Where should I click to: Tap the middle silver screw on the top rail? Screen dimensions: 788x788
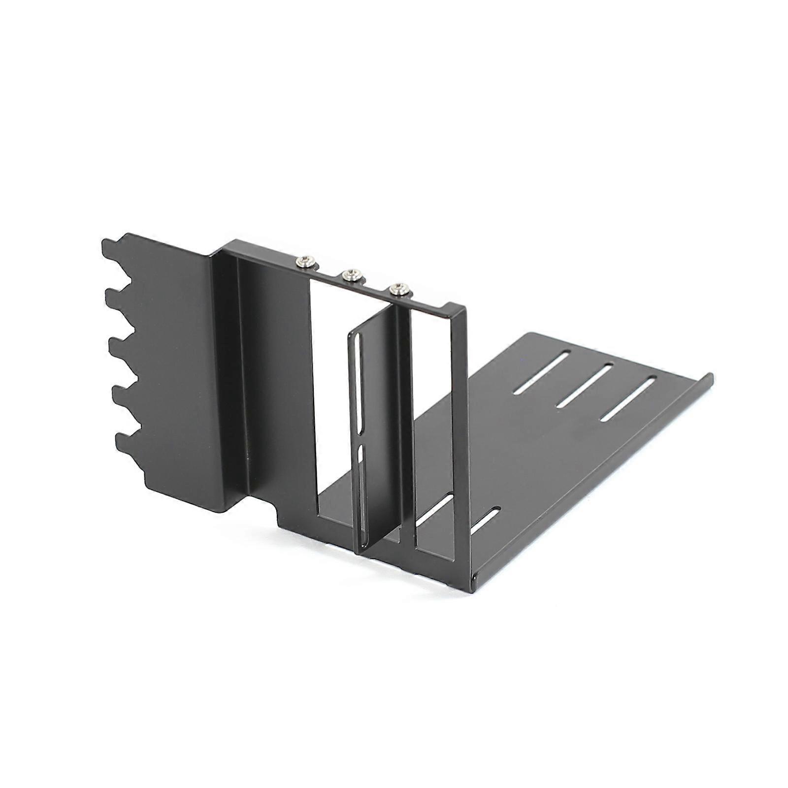(352, 275)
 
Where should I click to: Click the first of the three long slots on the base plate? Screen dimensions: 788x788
(541, 372)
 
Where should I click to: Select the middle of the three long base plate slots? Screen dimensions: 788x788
(584, 386)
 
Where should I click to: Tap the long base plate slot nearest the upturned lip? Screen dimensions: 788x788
(628, 399)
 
